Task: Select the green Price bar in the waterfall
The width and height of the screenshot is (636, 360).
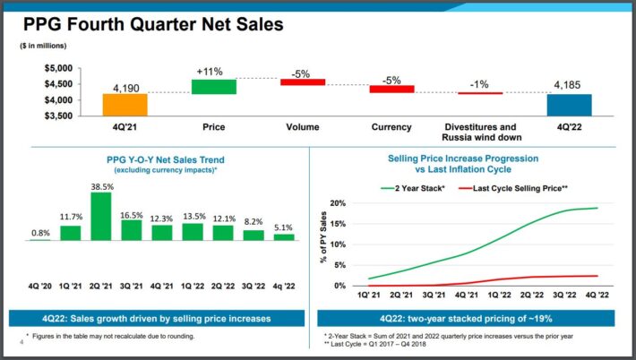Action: click(213, 86)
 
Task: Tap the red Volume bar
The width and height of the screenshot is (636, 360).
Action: click(302, 81)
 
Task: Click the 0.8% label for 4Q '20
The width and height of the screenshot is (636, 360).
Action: click(39, 233)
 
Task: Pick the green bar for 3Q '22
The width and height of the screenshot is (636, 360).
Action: click(254, 235)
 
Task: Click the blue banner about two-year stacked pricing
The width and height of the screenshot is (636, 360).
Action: click(471, 319)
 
